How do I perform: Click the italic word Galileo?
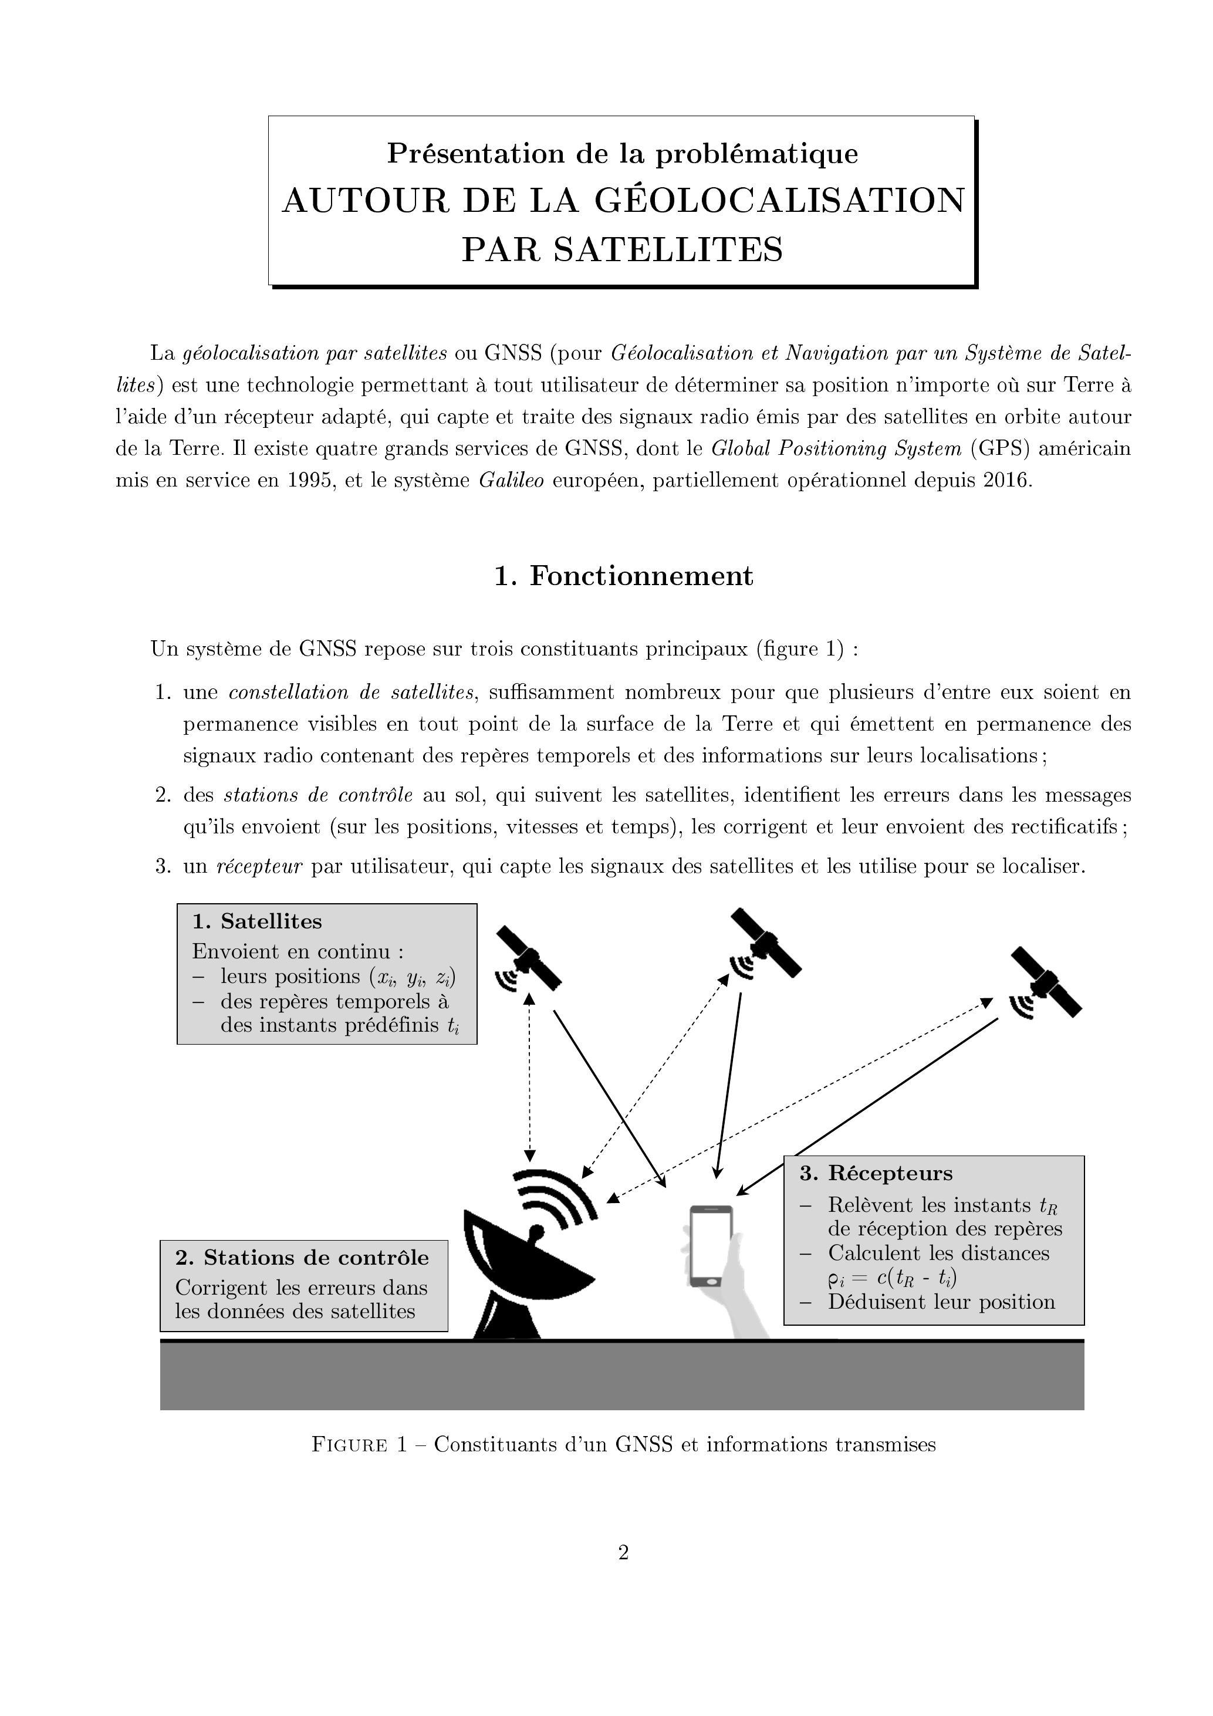(x=511, y=480)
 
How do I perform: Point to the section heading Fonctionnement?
(x=641, y=576)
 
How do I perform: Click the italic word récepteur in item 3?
(x=259, y=866)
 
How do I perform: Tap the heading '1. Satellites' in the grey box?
(x=257, y=921)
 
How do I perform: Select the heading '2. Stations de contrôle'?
(x=302, y=1257)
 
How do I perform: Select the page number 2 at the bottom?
(x=623, y=1553)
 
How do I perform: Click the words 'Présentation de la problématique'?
(x=623, y=153)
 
